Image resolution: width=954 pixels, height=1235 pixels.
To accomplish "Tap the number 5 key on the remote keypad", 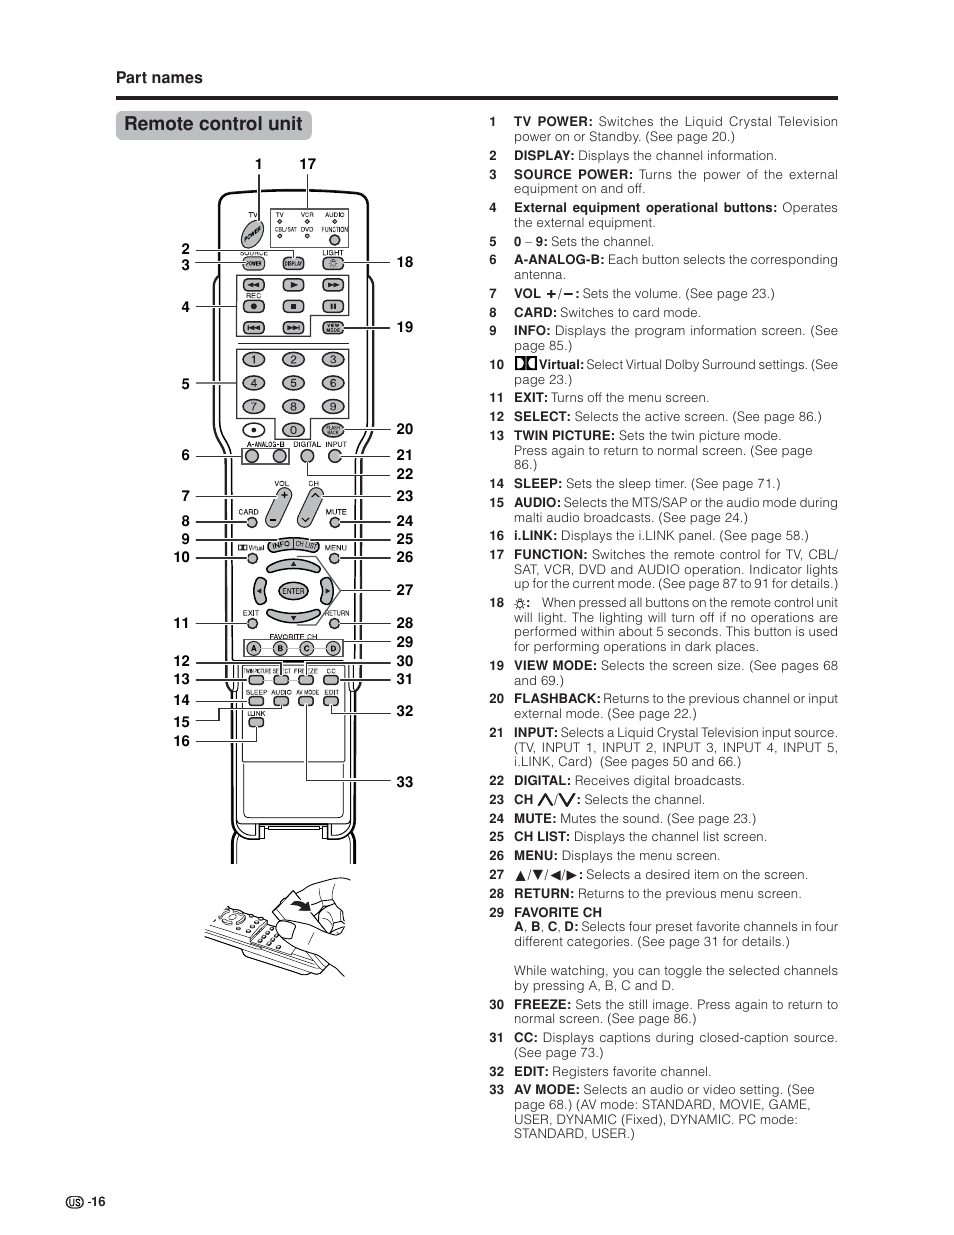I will click(x=293, y=383).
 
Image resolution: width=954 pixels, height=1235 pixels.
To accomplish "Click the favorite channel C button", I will click(x=306, y=648).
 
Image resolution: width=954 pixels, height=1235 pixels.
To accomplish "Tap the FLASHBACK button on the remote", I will click(x=333, y=430).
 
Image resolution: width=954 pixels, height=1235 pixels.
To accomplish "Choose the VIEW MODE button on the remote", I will click(x=333, y=328).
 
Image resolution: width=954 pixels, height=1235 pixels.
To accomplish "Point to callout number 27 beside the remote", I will click(x=404, y=590).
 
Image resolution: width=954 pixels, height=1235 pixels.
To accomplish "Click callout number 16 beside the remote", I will click(x=181, y=741).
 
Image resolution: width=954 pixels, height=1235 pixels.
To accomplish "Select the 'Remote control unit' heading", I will click(x=213, y=124).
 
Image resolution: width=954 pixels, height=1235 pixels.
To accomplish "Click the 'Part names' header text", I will click(x=159, y=78).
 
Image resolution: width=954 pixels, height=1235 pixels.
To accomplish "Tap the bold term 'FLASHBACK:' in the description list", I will click(x=557, y=699).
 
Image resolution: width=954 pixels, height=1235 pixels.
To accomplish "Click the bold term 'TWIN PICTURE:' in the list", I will click(x=564, y=436).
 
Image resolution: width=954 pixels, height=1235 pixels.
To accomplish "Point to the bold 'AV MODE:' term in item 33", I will click(x=546, y=1090).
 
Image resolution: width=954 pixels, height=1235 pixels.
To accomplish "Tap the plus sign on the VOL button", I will click(x=283, y=496).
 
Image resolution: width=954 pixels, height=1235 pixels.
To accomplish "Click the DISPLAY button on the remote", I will click(x=293, y=264).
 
